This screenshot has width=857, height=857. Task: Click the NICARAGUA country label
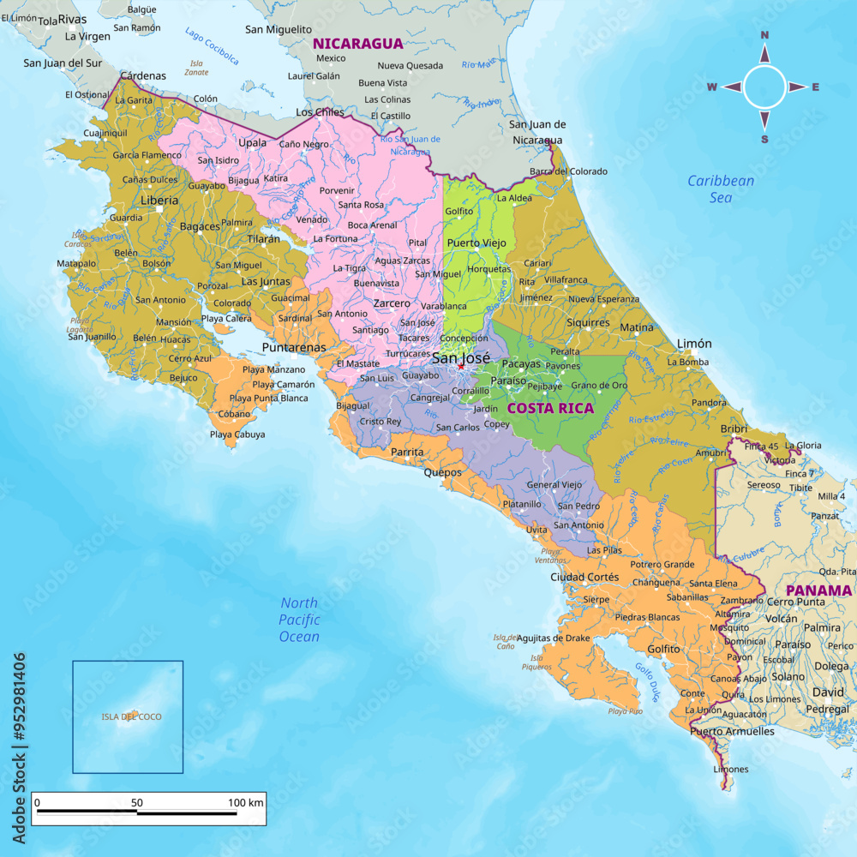pos(357,43)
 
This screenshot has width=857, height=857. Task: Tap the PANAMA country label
pos(818,590)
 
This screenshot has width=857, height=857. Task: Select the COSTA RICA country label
pos(550,408)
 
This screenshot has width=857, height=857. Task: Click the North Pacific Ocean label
pos(299,620)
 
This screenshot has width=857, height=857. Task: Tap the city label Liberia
pos(159,201)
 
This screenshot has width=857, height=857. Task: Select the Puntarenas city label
pos(294,347)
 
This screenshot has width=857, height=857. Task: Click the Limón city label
pos(694,344)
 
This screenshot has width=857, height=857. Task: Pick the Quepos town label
pos(442,472)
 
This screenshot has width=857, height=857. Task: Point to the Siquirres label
pos(588,323)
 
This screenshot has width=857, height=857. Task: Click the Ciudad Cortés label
pos(584,577)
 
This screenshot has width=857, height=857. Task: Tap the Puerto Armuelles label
pos(732,731)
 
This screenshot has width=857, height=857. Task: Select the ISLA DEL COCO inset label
pos(131,716)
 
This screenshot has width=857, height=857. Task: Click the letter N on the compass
pos(764,35)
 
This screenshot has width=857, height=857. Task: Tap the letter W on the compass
pos(711,87)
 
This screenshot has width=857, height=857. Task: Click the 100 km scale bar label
pos(246,802)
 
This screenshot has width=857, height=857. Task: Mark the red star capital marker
pos(461,366)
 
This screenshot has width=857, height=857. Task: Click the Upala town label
pos(252,142)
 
